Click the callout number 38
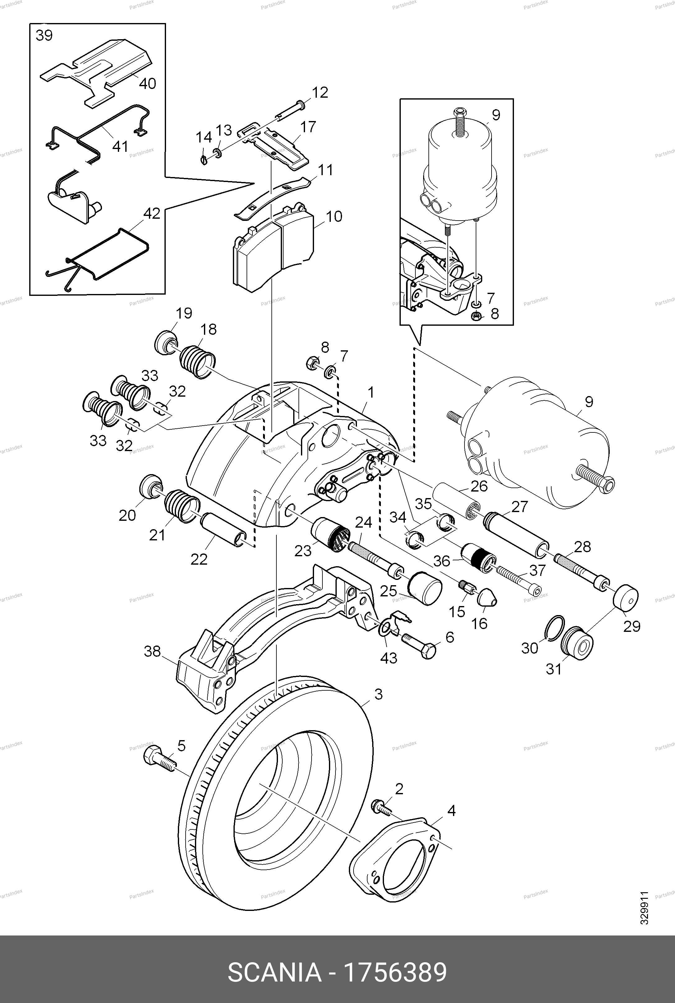coord(152,651)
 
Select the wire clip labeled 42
coord(98,256)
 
